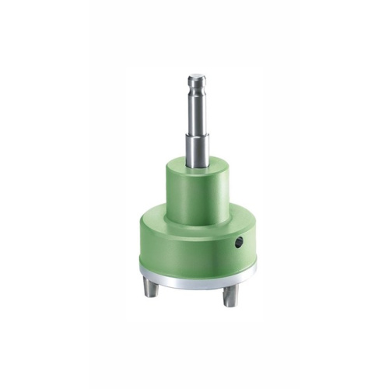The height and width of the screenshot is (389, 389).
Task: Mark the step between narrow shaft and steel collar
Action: [196, 135]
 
